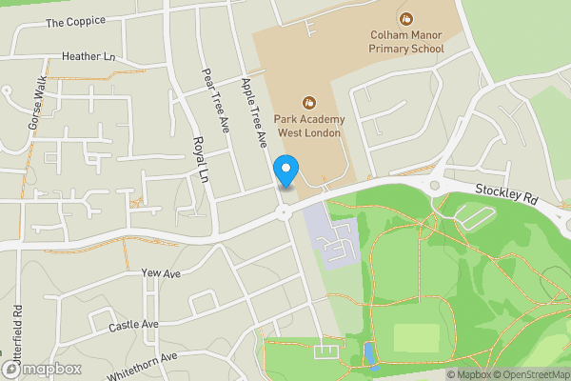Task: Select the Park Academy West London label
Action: click(x=308, y=124)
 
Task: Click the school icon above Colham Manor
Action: click(x=407, y=18)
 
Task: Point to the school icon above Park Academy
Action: click(x=308, y=102)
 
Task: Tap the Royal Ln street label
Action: click(x=200, y=158)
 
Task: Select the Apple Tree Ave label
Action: click(x=255, y=111)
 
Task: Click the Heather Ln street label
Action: click(x=89, y=57)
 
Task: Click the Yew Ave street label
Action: click(x=160, y=273)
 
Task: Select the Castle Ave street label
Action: click(x=133, y=325)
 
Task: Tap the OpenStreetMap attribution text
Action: click(x=528, y=374)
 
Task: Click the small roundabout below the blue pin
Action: click(x=284, y=212)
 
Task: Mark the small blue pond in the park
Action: click(x=369, y=355)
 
